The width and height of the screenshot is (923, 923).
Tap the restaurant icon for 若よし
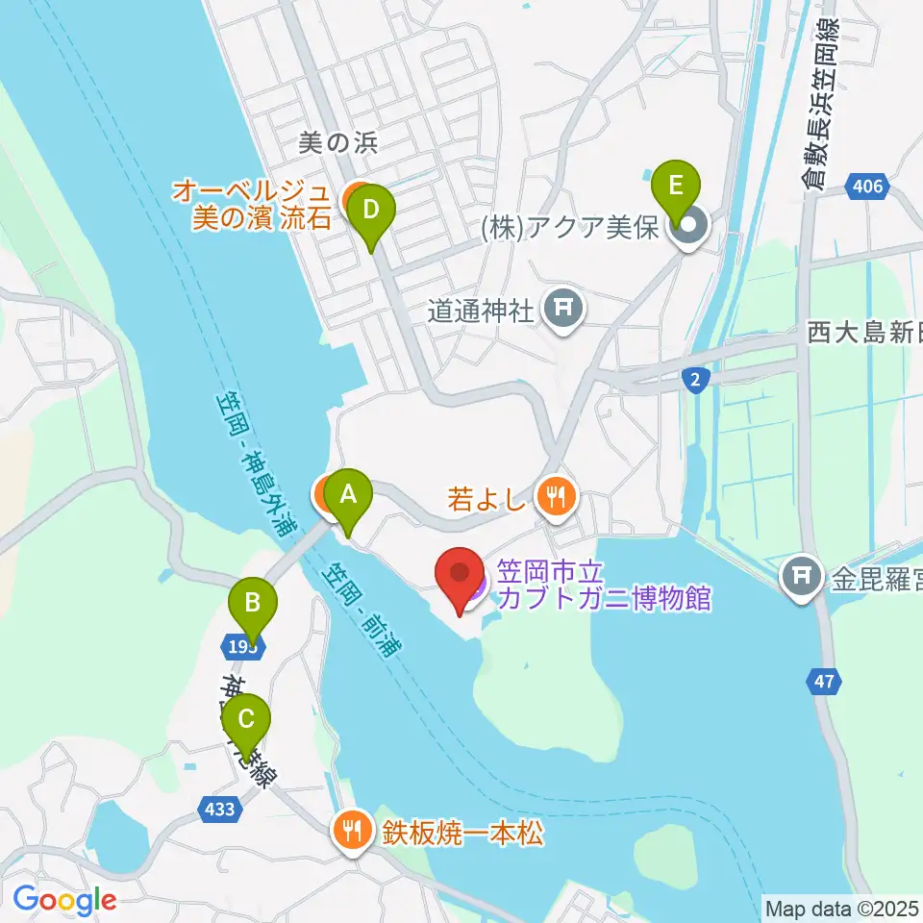click(x=556, y=497)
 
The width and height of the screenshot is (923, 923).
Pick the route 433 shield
click(x=220, y=810)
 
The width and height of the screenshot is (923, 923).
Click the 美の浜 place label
click(x=338, y=144)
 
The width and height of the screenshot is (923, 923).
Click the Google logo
click(x=64, y=900)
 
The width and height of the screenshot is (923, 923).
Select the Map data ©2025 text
click(x=841, y=907)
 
